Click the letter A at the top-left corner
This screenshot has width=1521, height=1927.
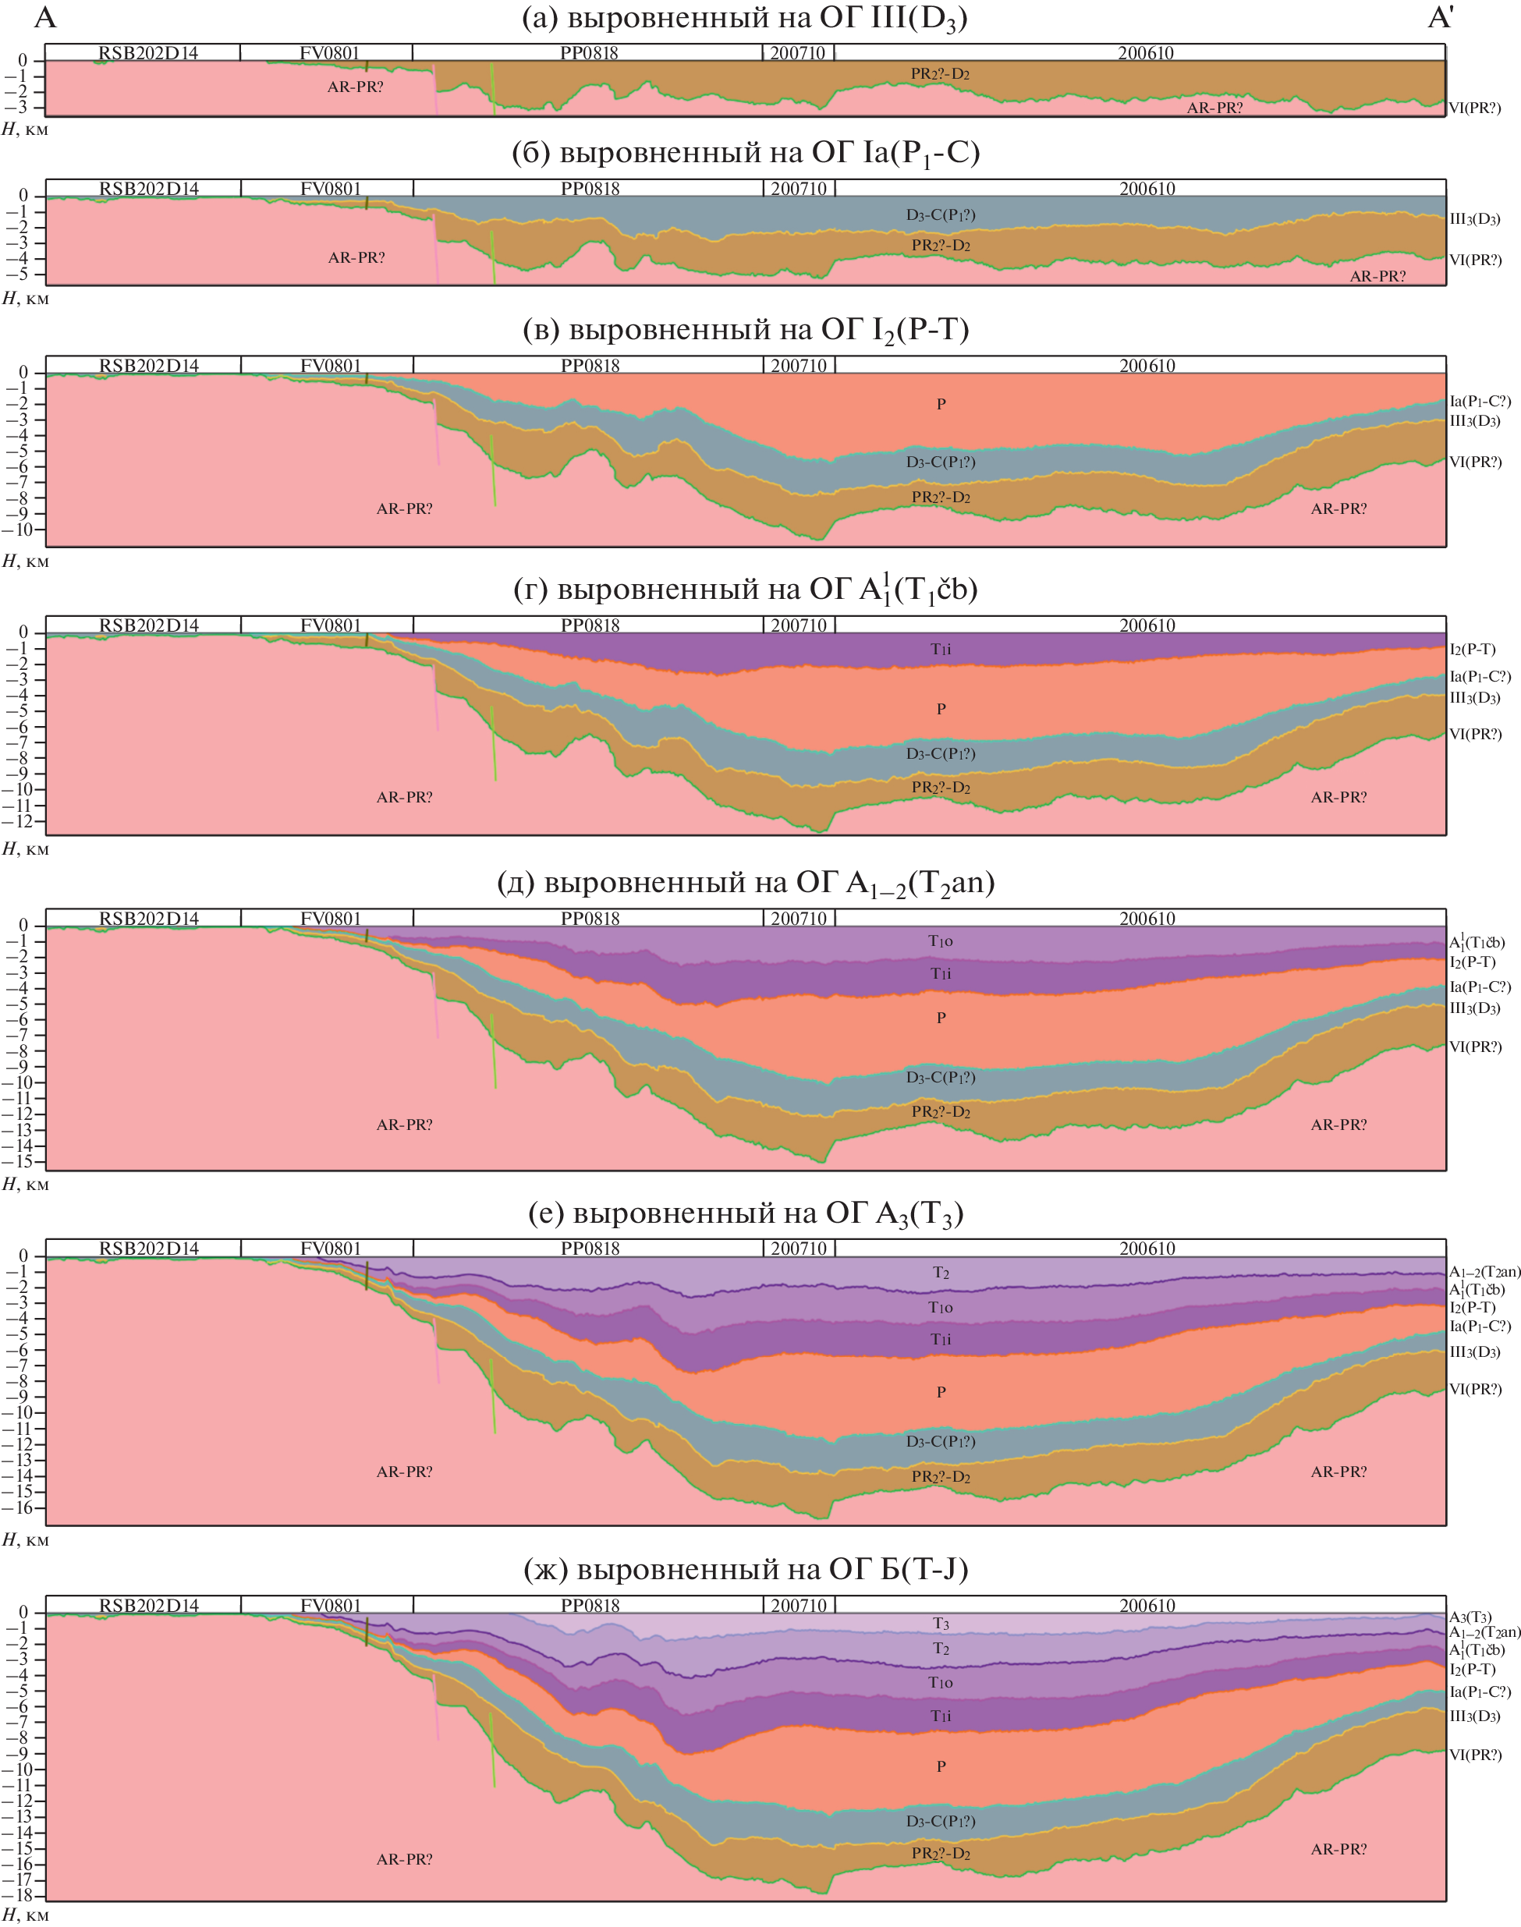(44, 18)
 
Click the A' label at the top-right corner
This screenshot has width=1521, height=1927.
(1440, 18)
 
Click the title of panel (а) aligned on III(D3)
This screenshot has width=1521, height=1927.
(744, 19)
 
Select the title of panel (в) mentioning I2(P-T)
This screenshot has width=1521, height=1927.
(746, 331)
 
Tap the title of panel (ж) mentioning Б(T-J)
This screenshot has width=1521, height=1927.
(746, 1568)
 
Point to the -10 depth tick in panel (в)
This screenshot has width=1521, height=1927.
(21, 530)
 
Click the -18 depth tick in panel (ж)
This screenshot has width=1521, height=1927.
(21, 1896)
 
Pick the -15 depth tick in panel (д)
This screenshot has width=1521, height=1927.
(21, 1161)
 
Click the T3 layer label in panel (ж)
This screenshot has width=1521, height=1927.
(941, 1624)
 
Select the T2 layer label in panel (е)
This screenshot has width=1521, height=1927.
(941, 1273)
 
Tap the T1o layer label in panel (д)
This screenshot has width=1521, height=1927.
(941, 941)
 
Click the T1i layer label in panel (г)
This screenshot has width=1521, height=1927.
(941, 649)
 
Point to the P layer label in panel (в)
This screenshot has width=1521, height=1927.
(941, 404)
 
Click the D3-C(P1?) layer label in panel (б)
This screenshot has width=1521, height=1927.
(941, 214)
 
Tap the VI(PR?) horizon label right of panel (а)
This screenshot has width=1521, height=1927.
(1475, 108)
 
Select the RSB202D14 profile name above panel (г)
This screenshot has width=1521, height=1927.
(149, 625)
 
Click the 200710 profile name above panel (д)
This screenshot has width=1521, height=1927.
(799, 918)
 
